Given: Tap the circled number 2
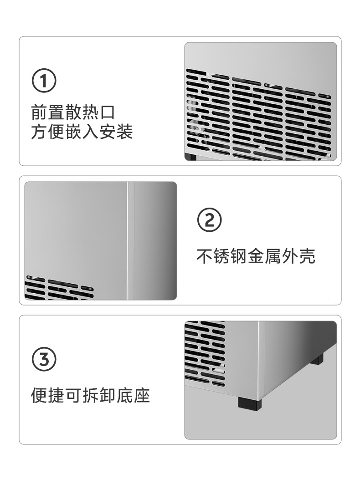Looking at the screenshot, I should coord(209,220).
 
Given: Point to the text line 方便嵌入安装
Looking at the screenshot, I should coord(82,132).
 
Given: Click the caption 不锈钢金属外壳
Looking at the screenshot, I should coord(256,256).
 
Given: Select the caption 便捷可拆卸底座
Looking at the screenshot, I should coord(90,395).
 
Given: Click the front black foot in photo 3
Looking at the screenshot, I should coord(249,404).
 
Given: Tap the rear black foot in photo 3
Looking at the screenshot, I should coord(317,359).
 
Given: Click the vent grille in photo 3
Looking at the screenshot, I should coord(205,353).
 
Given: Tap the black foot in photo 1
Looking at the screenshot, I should coord(190,158).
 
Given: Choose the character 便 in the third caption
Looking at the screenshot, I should coord(39,395).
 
